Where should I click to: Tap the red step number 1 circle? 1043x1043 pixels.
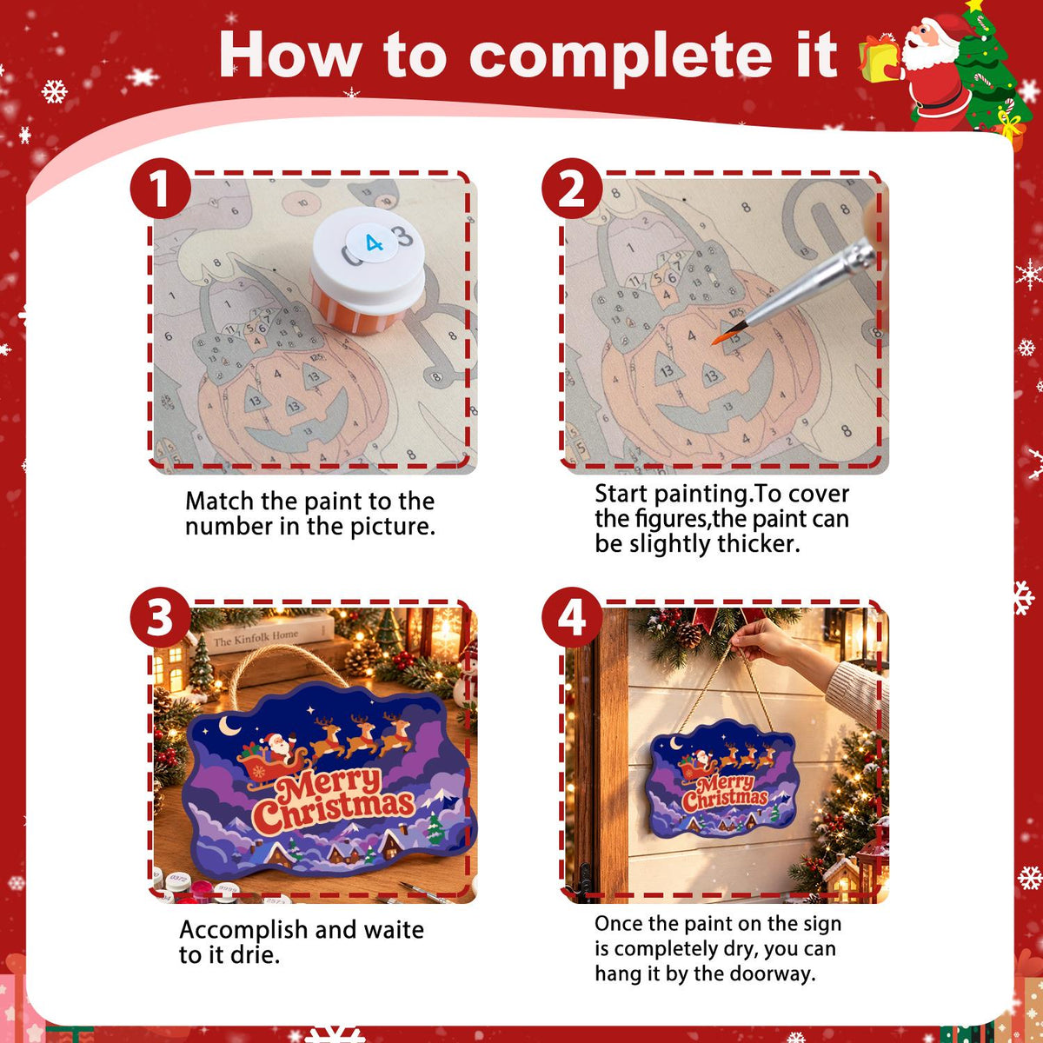click(x=160, y=189)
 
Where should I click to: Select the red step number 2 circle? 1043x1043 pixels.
click(x=572, y=189)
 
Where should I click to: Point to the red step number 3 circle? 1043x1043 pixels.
click(x=160, y=618)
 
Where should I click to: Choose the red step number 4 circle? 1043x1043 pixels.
click(x=572, y=618)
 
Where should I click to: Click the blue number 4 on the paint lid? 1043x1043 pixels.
click(x=374, y=243)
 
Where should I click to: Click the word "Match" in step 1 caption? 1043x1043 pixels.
click(x=220, y=502)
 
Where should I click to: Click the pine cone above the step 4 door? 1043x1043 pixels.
click(x=688, y=634)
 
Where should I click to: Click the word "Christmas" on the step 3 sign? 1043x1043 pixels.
click(x=334, y=810)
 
